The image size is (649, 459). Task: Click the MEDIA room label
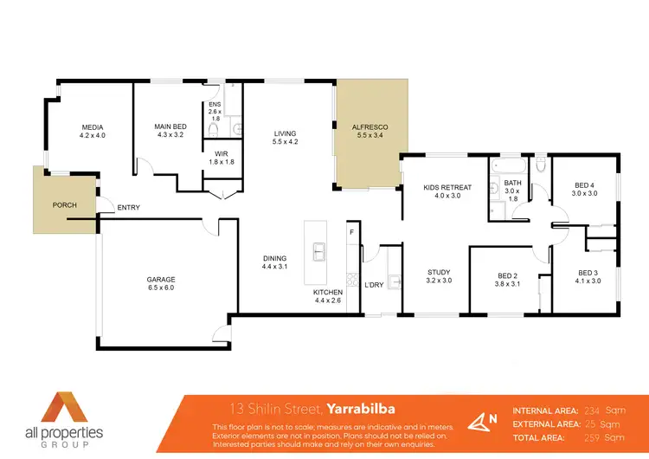[x=92, y=131]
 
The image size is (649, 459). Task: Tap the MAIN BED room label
[x=170, y=131]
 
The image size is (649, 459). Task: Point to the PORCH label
[x=65, y=204]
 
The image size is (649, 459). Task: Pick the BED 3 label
[x=588, y=276]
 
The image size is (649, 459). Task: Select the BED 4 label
[x=585, y=188]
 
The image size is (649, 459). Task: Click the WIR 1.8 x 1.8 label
[x=222, y=157]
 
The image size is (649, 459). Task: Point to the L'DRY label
[x=374, y=285]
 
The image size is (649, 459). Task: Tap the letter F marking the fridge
[x=351, y=233]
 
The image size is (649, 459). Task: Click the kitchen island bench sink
[x=318, y=252]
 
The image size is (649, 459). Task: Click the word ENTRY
[x=128, y=207]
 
